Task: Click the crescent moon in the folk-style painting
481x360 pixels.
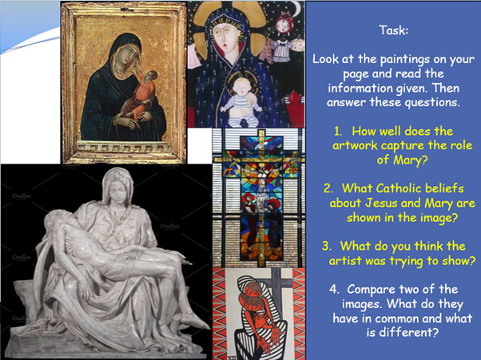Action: click(x=297, y=8)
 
